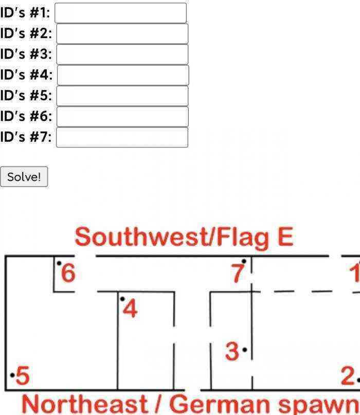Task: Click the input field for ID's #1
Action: tap(120, 13)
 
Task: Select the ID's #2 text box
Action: tap(122, 33)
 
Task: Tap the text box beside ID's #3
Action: tap(122, 55)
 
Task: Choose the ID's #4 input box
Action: tap(123, 75)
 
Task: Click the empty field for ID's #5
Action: tap(122, 96)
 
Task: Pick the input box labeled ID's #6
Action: tap(122, 116)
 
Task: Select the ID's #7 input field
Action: tap(122, 137)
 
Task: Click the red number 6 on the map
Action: tap(68, 273)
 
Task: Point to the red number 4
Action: tap(130, 309)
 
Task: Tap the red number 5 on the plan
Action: tap(23, 375)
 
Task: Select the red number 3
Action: tap(232, 351)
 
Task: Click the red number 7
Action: tap(238, 274)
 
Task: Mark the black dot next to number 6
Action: tap(59, 263)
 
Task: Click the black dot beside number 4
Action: tap(122, 299)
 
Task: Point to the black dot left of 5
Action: tap(12, 375)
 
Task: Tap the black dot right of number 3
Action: tap(245, 350)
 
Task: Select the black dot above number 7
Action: tap(244, 261)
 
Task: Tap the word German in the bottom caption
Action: tap(220, 404)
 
